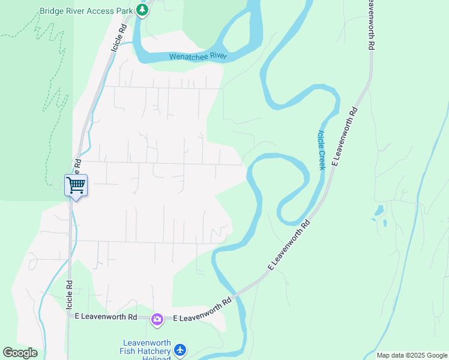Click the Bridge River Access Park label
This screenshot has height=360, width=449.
86,11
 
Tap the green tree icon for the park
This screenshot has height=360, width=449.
142,10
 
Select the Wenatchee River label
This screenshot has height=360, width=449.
197,56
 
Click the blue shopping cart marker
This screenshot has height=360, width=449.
76,184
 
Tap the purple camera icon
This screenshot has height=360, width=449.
157,318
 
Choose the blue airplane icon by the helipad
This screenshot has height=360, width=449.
180,349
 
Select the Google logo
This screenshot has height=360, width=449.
20,353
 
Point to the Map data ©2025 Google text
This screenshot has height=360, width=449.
412,355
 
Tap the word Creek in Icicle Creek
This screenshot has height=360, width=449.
322,159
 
